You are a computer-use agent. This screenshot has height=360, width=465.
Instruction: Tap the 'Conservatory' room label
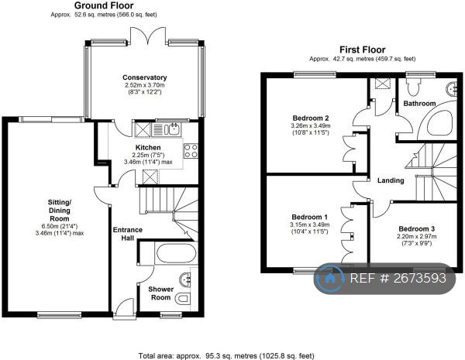tap(144, 77)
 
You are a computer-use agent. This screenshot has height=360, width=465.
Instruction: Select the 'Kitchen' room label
tap(148, 147)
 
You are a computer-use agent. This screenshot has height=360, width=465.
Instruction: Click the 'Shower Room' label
tap(160, 293)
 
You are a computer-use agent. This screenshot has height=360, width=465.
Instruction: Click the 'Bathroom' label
tap(418, 103)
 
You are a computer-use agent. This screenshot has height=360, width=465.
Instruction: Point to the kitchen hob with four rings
tap(191, 150)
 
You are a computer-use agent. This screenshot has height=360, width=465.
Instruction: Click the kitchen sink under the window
tap(172, 128)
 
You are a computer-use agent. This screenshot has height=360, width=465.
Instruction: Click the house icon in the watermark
tap(332, 277)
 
